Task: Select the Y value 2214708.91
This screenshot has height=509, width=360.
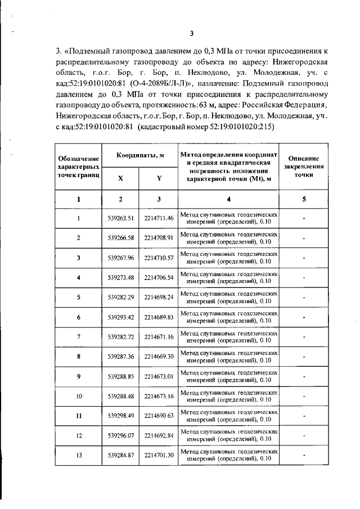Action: pyautogui.click(x=159, y=237)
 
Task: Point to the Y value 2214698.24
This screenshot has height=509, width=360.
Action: pyautogui.click(x=159, y=297)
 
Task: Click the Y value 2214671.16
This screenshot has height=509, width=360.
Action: pyautogui.click(x=159, y=337)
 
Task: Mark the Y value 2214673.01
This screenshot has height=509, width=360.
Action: pyautogui.click(x=159, y=376)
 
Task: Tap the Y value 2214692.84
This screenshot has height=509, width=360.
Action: pyautogui.click(x=159, y=435)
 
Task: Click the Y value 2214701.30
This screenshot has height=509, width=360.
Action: pyautogui.click(x=159, y=455)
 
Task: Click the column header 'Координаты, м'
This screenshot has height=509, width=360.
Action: pyautogui.click(x=140, y=156)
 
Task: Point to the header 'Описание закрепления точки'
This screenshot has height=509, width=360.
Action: pyautogui.click(x=304, y=167)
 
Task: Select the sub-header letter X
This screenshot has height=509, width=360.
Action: pyautogui.click(x=121, y=178)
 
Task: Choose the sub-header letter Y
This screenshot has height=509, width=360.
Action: pyautogui.click(x=159, y=178)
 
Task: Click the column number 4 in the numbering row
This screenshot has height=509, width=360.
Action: pyautogui.click(x=228, y=199)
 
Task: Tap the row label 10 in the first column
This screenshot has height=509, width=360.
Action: pyautogui.click(x=79, y=396)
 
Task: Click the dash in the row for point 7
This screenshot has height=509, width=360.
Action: pyautogui.click(x=304, y=337)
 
